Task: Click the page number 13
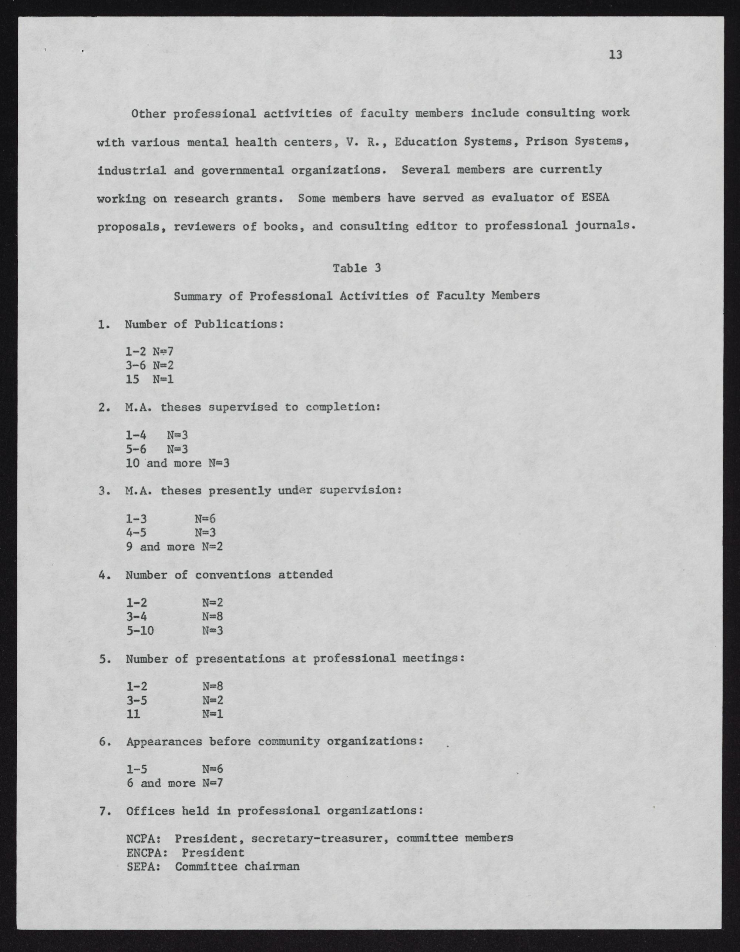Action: (615, 55)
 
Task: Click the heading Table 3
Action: (356, 268)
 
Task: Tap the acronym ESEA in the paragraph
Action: (595, 198)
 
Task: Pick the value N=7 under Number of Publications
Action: (163, 351)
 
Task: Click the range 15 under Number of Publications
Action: (132, 379)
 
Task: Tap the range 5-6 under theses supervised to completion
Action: (136, 449)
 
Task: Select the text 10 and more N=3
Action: (177, 463)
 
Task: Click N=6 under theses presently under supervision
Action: (205, 519)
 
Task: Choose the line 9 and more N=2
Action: (174, 547)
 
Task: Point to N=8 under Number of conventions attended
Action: (213, 616)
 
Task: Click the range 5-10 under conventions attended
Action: (140, 630)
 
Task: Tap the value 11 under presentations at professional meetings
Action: (133, 714)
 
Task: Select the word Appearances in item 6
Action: (164, 742)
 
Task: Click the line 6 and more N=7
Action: (175, 783)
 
